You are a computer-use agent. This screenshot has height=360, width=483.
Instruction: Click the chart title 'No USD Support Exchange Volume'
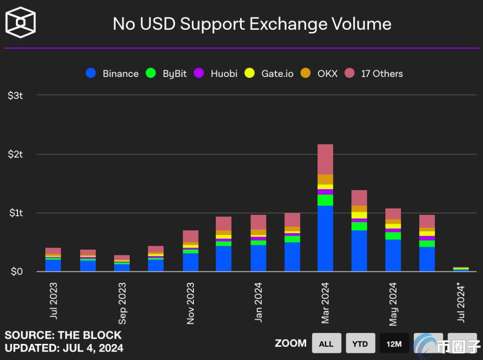[x=252, y=24]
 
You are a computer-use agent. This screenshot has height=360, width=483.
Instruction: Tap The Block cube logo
[x=20, y=23]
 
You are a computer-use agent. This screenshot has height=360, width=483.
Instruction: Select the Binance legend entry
[x=112, y=74]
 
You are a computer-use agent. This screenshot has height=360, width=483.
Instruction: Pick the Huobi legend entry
[x=217, y=74]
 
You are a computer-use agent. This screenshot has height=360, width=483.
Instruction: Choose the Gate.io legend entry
[x=270, y=74]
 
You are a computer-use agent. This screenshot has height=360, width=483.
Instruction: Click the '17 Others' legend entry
[x=374, y=74]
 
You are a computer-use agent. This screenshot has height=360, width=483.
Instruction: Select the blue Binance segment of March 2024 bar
[x=325, y=238]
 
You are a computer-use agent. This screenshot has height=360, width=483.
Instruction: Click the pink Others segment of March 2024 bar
[x=325, y=159]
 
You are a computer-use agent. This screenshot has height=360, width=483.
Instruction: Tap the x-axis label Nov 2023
[x=191, y=303]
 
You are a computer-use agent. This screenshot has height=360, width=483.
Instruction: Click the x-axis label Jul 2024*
[x=461, y=302]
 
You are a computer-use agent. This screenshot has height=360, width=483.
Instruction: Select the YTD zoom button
[x=360, y=343]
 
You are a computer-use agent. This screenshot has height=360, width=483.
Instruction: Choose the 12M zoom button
[x=394, y=343]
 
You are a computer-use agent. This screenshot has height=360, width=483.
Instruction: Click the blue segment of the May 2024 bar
[x=393, y=255]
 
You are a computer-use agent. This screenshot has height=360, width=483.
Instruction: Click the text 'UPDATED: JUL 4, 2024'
[x=64, y=348]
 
